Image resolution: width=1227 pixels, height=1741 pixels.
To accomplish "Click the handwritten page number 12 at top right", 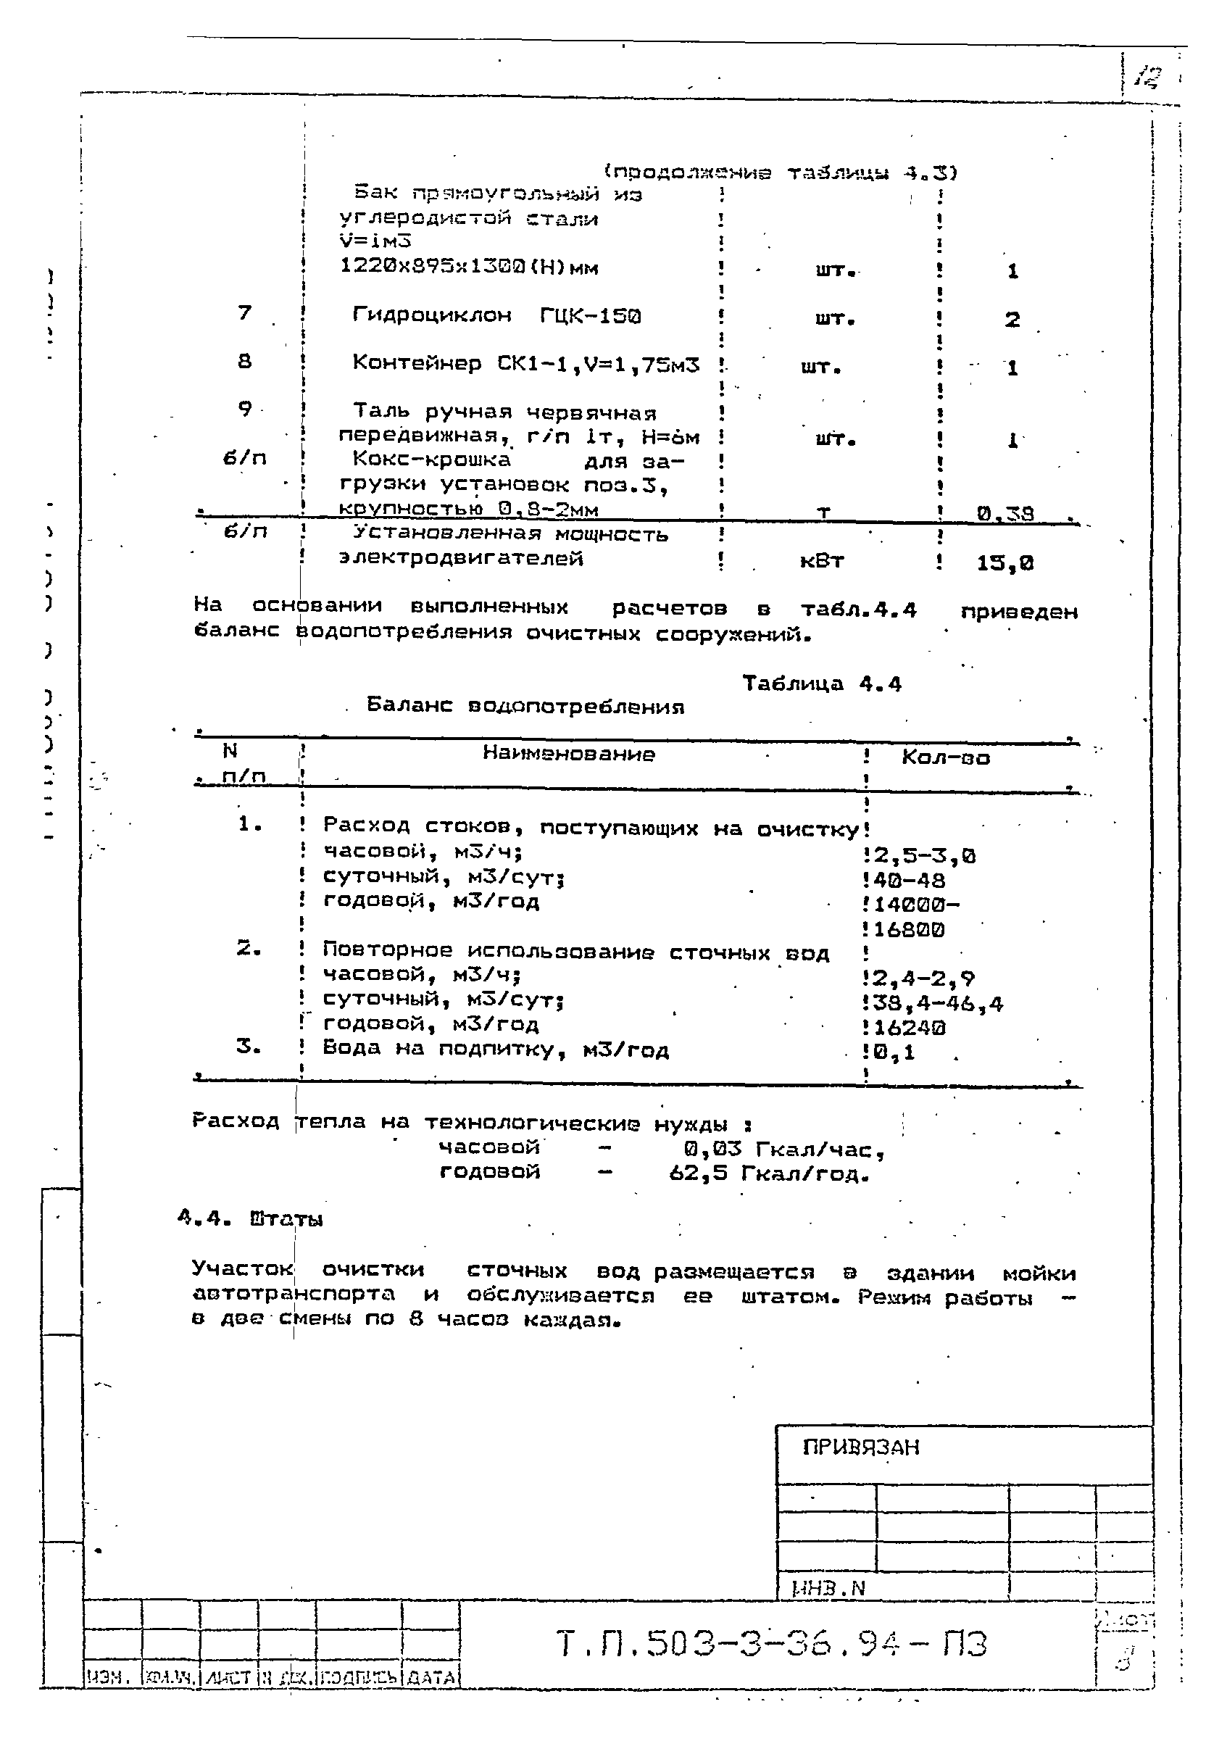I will pyautogui.click(x=1148, y=77).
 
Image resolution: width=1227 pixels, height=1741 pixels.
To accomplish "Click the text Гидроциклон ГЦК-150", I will pyautogui.click(x=496, y=315).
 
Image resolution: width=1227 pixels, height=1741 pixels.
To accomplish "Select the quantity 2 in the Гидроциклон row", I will pyautogui.click(x=1012, y=320).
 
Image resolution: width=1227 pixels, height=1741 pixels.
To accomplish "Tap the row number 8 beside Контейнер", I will pyautogui.click(x=244, y=362).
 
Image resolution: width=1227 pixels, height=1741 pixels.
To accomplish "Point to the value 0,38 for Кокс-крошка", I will pyautogui.click(x=1005, y=515).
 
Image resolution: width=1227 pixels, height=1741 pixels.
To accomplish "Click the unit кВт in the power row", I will pyautogui.click(x=821, y=561).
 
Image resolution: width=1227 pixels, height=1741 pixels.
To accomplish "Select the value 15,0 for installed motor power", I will pyautogui.click(x=1005, y=563).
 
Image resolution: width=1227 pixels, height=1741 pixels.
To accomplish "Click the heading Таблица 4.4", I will pyautogui.click(x=821, y=684).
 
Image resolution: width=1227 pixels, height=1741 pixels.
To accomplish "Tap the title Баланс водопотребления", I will pyautogui.click(x=525, y=707).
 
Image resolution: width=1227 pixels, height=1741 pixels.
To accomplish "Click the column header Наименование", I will pyautogui.click(x=569, y=754).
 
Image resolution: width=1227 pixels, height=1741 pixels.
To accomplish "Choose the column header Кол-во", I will pyautogui.click(x=946, y=757).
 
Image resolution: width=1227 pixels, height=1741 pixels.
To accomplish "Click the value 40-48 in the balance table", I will pyautogui.click(x=910, y=881).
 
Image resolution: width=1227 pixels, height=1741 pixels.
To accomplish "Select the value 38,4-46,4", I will pyautogui.click(x=937, y=1005).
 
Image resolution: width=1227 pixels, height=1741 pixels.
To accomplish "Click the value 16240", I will pyautogui.click(x=910, y=1029).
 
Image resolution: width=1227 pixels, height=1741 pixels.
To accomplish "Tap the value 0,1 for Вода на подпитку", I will pyautogui.click(x=894, y=1052).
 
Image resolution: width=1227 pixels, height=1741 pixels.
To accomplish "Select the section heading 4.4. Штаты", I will pyautogui.click(x=250, y=1220).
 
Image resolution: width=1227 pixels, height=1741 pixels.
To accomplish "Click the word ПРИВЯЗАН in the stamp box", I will pyautogui.click(x=861, y=1447).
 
